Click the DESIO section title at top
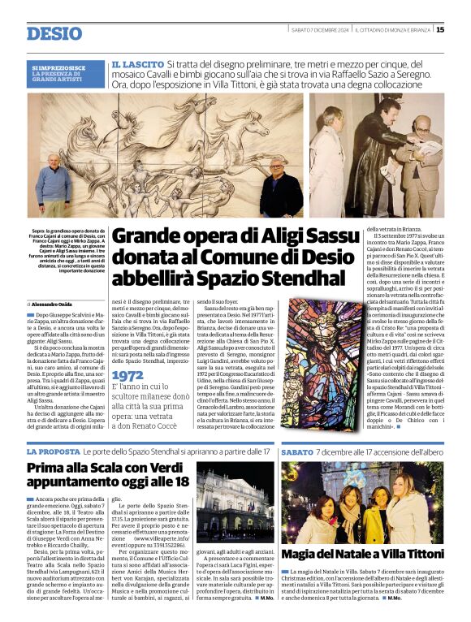pos(54,33)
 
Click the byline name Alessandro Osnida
pos(59,303)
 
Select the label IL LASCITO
pos(136,63)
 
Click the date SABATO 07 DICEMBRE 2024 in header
pos(320,30)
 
